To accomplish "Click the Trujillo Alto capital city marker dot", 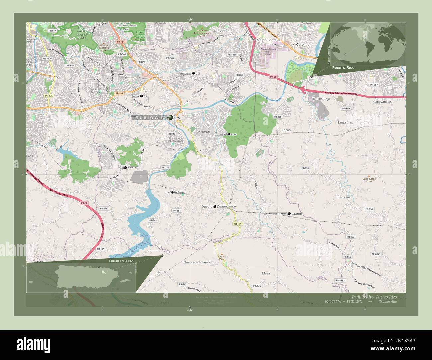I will coord(171,117).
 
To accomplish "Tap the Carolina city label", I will coord(302,44).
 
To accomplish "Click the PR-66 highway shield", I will coord(273,77).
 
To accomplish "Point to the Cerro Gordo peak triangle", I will coord(368,176).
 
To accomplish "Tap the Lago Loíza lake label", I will coord(144,235).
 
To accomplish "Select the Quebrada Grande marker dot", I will coord(289,213).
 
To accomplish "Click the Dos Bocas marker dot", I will coord(229,134).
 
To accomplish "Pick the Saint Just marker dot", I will coord(193,73).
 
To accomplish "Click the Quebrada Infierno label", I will coord(197,262).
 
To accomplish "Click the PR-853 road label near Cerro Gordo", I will coord(305,168).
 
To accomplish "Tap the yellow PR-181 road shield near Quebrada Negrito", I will coord(237,224).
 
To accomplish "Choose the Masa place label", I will coord(266,273).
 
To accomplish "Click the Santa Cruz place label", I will coord(345,122).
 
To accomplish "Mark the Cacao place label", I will coord(286,130).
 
